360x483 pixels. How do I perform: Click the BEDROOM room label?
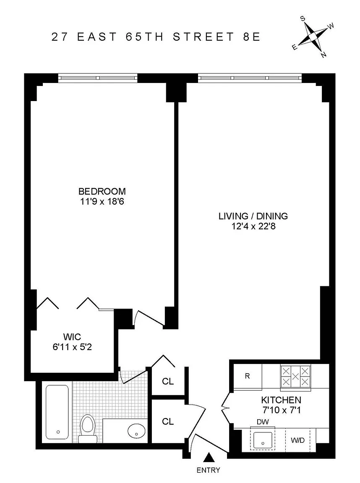[x=102, y=191]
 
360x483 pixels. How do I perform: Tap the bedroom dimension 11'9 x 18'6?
[x=102, y=202]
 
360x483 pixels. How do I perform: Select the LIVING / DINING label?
[x=253, y=216]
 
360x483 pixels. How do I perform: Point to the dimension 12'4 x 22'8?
[x=253, y=226]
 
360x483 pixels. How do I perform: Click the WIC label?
[x=72, y=336]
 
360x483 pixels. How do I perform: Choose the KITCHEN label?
[x=281, y=400]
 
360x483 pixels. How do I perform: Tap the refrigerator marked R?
[x=248, y=377]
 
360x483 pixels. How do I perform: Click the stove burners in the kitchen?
[x=295, y=376]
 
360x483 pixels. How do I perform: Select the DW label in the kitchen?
[x=263, y=422]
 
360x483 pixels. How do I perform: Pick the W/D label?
[x=297, y=440]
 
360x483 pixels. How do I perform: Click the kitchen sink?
[x=263, y=440]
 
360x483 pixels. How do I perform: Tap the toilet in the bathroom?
[x=88, y=428]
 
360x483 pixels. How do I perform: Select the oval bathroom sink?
[x=136, y=430]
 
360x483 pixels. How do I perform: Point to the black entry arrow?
[x=210, y=457]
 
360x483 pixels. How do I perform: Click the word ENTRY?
[x=209, y=470]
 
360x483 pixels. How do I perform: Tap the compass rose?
[x=313, y=37]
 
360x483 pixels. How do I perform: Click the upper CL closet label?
[x=168, y=382]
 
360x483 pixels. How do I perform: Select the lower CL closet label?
[x=168, y=421]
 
